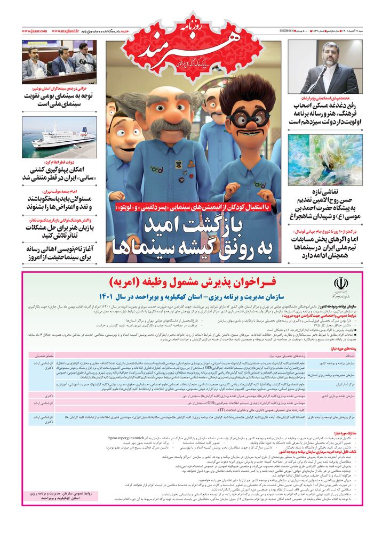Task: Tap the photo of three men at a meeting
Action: (59, 60)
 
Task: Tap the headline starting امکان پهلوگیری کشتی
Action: (59, 173)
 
